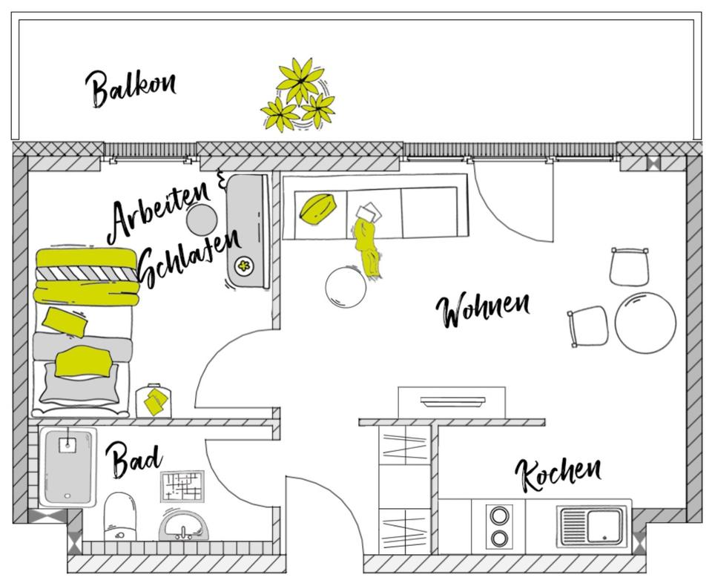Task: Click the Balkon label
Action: click(131, 87)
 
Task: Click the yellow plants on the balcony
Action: click(297, 95)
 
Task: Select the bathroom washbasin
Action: click(183, 527)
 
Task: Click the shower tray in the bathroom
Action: click(68, 466)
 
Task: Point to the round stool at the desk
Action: click(202, 220)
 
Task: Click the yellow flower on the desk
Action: click(244, 265)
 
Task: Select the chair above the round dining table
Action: click(630, 266)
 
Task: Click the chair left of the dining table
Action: click(590, 325)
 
